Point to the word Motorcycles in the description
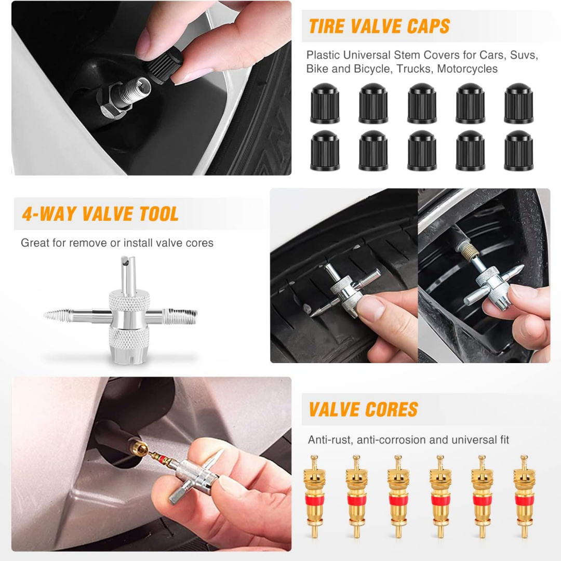pyautogui.click(x=468, y=69)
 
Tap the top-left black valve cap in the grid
pyautogui.click(x=325, y=103)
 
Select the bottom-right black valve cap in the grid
pyautogui.click(x=519, y=150)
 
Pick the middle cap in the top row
pyautogui.click(x=422, y=103)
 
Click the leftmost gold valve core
pyautogui.click(x=314, y=497)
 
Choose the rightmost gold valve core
pyautogui.click(x=524, y=497)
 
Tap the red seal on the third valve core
pyautogui.click(x=398, y=500)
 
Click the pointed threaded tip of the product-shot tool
pyautogui.click(x=57, y=315)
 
